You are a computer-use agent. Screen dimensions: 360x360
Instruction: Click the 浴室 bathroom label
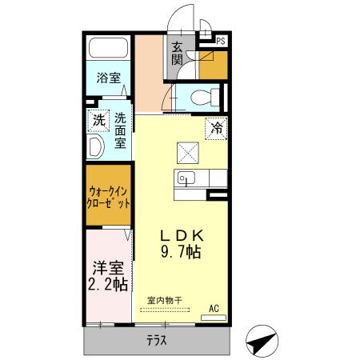click(x=109, y=78)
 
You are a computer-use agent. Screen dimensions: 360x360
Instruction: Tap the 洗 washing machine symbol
click(x=98, y=122)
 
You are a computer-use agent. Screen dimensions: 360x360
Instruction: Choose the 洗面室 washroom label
click(x=120, y=130)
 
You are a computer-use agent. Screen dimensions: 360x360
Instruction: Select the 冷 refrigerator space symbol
click(x=216, y=127)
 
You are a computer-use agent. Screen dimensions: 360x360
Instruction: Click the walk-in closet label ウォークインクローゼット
click(x=109, y=197)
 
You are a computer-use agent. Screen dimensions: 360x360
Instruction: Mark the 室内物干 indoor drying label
click(x=164, y=300)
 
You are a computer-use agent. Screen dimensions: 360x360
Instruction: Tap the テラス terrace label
click(x=156, y=341)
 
